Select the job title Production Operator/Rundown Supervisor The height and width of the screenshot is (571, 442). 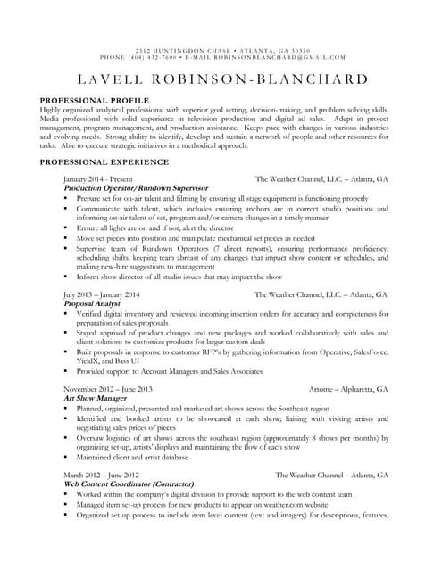(x=136, y=188)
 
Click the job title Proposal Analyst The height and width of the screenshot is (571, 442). (x=94, y=303)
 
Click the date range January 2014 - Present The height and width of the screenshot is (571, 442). (x=97, y=178)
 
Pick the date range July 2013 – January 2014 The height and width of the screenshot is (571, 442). (x=102, y=294)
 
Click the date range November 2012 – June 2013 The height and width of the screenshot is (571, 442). (x=108, y=389)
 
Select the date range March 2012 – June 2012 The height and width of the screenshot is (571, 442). (x=101, y=475)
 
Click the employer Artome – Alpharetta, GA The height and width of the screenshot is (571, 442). (x=347, y=389)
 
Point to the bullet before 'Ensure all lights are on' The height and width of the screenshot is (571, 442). (x=67, y=228)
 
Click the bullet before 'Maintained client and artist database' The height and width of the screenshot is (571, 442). (x=67, y=458)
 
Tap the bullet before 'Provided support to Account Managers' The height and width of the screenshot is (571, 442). (x=67, y=370)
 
